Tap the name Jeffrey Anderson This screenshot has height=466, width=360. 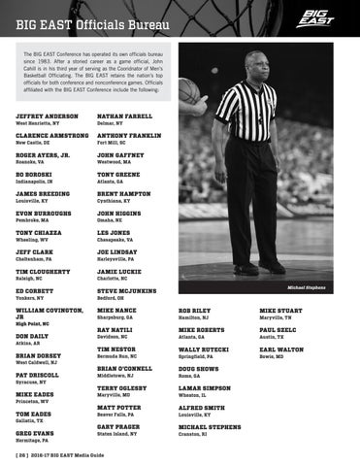48,116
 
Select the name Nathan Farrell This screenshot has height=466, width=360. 129,116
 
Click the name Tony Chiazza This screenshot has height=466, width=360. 41,233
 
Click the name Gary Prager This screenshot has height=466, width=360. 118,426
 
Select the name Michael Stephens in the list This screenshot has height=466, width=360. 210,426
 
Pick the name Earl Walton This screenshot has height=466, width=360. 281,349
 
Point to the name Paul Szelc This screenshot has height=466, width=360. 278,330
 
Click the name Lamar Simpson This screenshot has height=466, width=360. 205,387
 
